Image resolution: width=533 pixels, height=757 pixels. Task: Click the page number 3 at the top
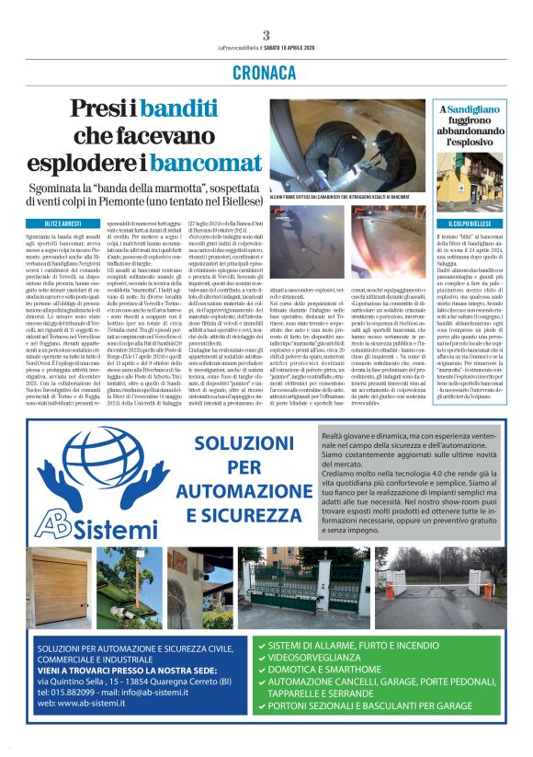pos(266,35)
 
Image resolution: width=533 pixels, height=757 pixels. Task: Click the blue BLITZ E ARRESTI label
pos(58,224)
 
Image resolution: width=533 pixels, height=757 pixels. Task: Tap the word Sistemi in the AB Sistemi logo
pos(109,533)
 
